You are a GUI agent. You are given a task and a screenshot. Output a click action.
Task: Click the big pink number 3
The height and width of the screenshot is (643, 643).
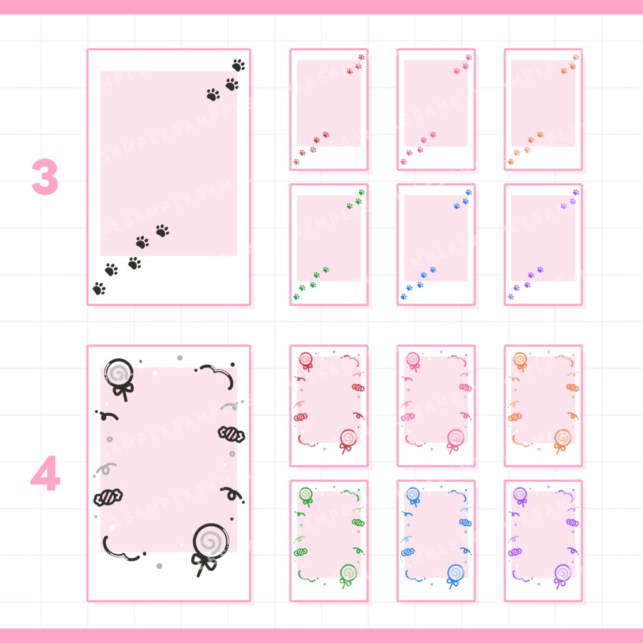click(45, 177)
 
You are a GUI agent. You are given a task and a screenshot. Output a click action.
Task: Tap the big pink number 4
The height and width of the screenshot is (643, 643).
click(45, 474)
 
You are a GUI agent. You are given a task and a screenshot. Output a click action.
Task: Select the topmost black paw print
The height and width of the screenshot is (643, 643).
click(238, 65)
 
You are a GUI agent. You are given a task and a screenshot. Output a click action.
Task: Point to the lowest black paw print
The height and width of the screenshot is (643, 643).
click(99, 289)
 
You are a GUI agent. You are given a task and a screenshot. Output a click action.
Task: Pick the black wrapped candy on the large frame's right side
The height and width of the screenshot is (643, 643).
click(230, 434)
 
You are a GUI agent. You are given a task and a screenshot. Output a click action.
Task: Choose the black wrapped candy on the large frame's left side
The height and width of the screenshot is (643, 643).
click(107, 497)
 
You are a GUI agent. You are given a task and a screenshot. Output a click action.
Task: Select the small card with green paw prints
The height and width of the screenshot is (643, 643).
click(328, 244)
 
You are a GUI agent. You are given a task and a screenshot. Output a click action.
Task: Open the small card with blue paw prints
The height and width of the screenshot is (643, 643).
click(436, 244)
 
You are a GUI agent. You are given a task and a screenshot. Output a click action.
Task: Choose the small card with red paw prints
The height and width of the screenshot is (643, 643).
click(328, 109)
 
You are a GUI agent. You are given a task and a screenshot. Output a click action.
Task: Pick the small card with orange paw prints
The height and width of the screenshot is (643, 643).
click(543, 109)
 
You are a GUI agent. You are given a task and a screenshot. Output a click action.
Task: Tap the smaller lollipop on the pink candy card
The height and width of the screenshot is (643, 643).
click(413, 359)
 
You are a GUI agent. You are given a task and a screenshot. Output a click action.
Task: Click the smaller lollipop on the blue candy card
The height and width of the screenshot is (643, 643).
click(413, 494)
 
